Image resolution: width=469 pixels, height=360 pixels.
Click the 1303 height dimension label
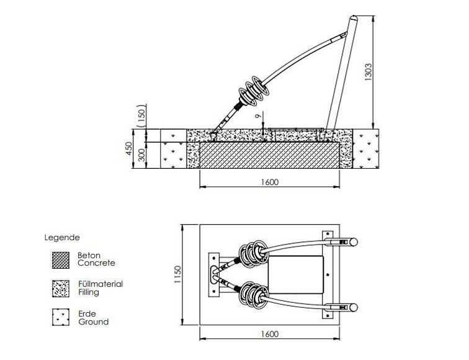point(368,72)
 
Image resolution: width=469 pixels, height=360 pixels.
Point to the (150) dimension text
point(141,115)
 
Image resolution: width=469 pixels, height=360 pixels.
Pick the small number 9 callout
point(263,116)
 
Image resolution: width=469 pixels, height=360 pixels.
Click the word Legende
point(62,237)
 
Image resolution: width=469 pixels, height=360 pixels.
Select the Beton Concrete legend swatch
point(60,259)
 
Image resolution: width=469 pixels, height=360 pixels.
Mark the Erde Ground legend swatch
point(60,317)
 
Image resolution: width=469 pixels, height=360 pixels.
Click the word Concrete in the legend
point(96,263)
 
